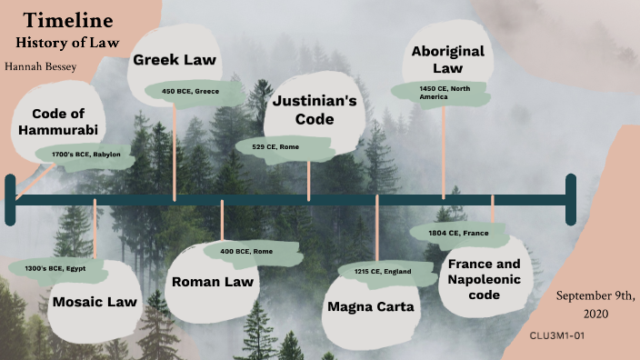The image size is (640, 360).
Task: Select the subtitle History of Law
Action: pos(68,42)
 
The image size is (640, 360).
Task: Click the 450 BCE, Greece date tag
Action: pos(190,92)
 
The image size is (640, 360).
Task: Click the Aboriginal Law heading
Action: pos(447,59)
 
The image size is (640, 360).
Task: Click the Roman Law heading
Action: pos(213,281)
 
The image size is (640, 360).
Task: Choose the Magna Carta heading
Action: pos(370,306)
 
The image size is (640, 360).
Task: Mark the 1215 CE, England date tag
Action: pos(382,272)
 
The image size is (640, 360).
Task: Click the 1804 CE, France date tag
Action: pos(464,234)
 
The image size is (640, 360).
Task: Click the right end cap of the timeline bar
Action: pos(571,199)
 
